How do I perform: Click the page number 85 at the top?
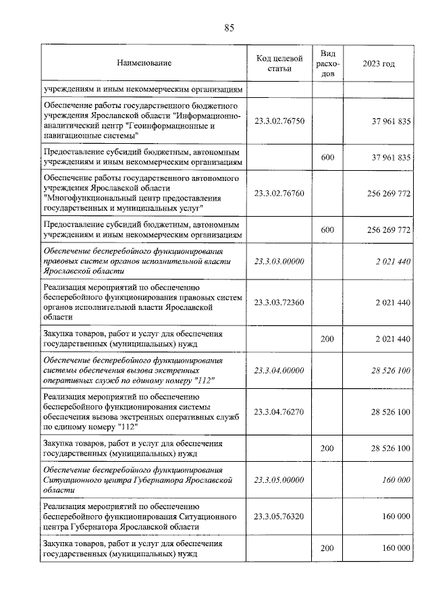pos(229,28)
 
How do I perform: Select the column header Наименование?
pos(144,63)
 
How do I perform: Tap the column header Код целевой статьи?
pos(279,63)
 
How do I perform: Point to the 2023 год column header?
pos(379,63)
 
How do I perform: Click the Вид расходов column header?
pos(327,63)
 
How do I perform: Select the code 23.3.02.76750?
pos(279,122)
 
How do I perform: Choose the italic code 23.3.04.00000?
pos(279,371)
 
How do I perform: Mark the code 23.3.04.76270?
pos(279,412)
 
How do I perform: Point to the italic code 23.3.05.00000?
pos(279,479)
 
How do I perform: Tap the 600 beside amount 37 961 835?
pos(327,157)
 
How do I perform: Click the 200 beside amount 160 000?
pos(327,548)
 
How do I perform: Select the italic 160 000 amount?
pos(394,479)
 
